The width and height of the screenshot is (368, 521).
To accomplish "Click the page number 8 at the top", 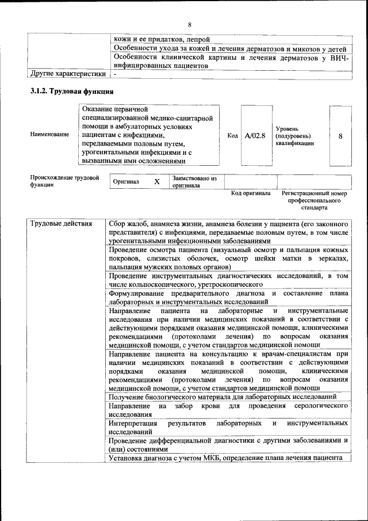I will pos(189,24).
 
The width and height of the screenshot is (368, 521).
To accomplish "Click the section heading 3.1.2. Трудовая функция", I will pos(72,92).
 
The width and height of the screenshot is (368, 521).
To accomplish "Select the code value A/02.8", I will pos(255,136).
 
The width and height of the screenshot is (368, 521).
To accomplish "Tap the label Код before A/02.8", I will pos(232,136).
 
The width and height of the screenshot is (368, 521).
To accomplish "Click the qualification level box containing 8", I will pos(340,136).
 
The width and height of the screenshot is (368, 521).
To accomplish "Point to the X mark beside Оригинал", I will pos(156,182).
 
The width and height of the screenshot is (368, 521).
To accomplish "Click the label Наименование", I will pos(49,134).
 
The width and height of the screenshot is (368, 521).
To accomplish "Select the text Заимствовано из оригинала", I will pos(194,182).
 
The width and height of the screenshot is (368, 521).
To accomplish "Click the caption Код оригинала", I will pos(251,193).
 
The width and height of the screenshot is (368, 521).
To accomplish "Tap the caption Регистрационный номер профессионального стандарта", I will pos(314,200).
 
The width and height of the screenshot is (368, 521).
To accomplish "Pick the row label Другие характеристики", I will pos(68,74).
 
